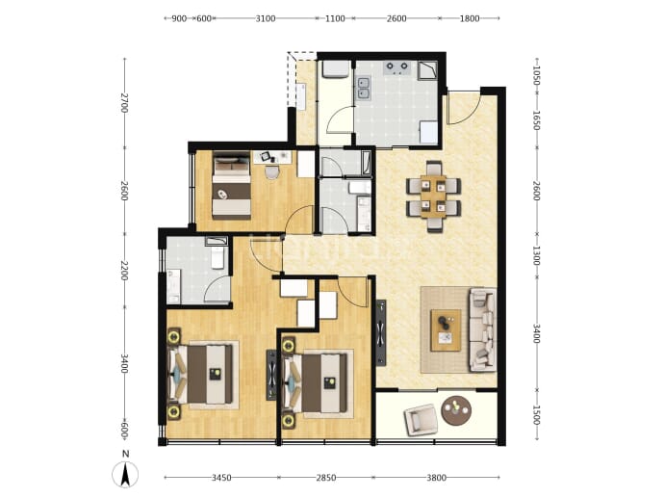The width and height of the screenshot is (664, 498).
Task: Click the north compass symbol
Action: (x=125, y=475)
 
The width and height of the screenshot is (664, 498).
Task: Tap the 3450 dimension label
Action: (x=221, y=478)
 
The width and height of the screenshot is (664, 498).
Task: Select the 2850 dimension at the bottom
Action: (x=326, y=478)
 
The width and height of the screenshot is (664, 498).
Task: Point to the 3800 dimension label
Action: (x=436, y=478)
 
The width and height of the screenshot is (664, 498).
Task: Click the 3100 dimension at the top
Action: (x=266, y=18)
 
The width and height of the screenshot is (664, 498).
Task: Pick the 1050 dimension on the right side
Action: (x=536, y=75)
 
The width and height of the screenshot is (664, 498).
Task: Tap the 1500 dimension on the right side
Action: (x=536, y=415)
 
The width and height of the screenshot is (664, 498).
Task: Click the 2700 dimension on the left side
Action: (x=123, y=102)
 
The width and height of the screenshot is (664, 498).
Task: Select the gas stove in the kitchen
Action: (x=397, y=67)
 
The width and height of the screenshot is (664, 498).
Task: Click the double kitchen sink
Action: (x=364, y=89)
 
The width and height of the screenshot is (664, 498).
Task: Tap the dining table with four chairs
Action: (x=434, y=197)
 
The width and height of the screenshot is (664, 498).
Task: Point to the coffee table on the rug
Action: (x=446, y=330)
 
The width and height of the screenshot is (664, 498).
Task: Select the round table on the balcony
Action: (x=456, y=410)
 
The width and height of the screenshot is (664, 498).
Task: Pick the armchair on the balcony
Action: (x=421, y=420)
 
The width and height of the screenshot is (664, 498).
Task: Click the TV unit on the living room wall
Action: (x=381, y=332)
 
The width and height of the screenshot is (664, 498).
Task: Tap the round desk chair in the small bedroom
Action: (x=271, y=172)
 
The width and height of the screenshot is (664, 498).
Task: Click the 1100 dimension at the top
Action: (x=335, y=18)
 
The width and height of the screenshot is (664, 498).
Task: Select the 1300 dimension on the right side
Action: (x=536, y=255)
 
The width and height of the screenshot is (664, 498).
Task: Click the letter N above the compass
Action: (x=125, y=454)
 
